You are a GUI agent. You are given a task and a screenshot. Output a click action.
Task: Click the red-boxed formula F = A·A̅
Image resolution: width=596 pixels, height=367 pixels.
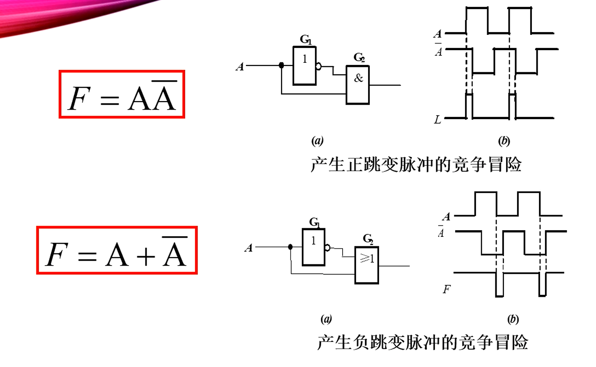(122, 94)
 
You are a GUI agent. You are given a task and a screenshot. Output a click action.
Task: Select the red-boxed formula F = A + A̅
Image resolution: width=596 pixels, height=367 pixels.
(117, 250)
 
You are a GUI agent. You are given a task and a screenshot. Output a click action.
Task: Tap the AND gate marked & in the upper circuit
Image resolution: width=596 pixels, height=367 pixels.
(358, 85)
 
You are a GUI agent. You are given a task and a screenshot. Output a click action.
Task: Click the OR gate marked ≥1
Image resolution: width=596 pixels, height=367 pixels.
(367, 265)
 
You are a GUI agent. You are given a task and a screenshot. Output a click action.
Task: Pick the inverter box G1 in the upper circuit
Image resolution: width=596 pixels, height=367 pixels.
(304, 66)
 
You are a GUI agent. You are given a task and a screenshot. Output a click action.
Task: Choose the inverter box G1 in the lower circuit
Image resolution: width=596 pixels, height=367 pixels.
(313, 247)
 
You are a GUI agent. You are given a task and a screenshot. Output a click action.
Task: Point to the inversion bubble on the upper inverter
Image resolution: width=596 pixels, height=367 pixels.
(319, 67)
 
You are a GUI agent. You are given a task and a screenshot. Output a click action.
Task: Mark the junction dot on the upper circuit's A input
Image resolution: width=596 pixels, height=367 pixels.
(281, 65)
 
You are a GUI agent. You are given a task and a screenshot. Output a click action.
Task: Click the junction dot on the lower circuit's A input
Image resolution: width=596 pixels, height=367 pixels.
(290, 247)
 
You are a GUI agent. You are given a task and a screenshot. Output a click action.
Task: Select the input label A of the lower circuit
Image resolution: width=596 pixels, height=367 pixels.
(249, 248)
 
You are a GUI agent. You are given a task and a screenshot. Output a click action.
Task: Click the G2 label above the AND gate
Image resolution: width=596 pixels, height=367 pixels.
(359, 57)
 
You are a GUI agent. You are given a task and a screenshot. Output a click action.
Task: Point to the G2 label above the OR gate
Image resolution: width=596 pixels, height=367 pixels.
(368, 239)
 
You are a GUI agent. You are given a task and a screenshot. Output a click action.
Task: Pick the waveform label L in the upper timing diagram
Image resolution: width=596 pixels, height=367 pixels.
(437, 120)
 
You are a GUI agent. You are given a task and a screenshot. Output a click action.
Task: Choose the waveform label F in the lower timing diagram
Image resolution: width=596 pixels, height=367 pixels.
(446, 289)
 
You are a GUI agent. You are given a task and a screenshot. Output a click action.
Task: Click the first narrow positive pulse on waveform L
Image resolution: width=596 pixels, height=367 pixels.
(469, 106)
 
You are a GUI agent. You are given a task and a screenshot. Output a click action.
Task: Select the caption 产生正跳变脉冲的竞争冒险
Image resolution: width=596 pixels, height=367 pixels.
(416, 165)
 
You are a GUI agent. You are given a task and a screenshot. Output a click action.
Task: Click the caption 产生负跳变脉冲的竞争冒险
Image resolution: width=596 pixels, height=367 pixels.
(422, 342)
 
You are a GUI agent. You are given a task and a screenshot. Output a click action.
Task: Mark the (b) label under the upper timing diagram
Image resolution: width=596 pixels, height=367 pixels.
(504, 141)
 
